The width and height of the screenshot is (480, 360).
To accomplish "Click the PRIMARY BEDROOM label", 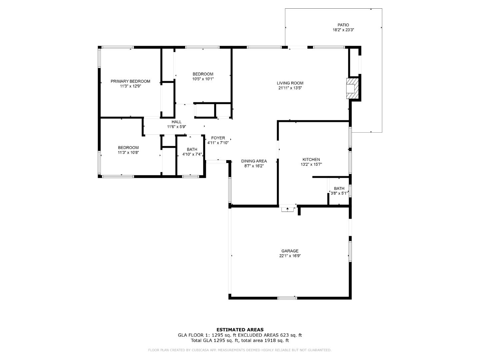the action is coord(130,81).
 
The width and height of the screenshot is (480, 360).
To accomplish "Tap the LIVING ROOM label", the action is coord(290,83).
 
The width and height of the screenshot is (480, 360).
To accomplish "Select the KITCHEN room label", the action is coord(311,160).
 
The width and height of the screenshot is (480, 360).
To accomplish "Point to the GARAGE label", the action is coord(290,251).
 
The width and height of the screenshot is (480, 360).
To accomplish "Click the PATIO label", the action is coord(343,25).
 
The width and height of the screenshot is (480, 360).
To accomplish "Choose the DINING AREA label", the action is coord(254,161).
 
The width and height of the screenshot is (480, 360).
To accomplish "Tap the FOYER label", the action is coord(218,138).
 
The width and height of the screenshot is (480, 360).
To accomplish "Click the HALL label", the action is coord(176,122).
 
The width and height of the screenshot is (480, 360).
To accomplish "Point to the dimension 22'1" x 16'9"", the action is coord(290,256).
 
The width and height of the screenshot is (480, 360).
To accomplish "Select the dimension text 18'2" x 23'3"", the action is coord(343,30).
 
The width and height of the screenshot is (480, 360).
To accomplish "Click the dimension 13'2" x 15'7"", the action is coord(311,165).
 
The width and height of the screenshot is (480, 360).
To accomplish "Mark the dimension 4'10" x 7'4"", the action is coord(192,155).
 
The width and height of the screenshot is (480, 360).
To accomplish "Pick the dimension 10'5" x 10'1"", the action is coord(203,79).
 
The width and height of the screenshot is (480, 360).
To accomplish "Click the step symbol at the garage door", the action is coord(288,209).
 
